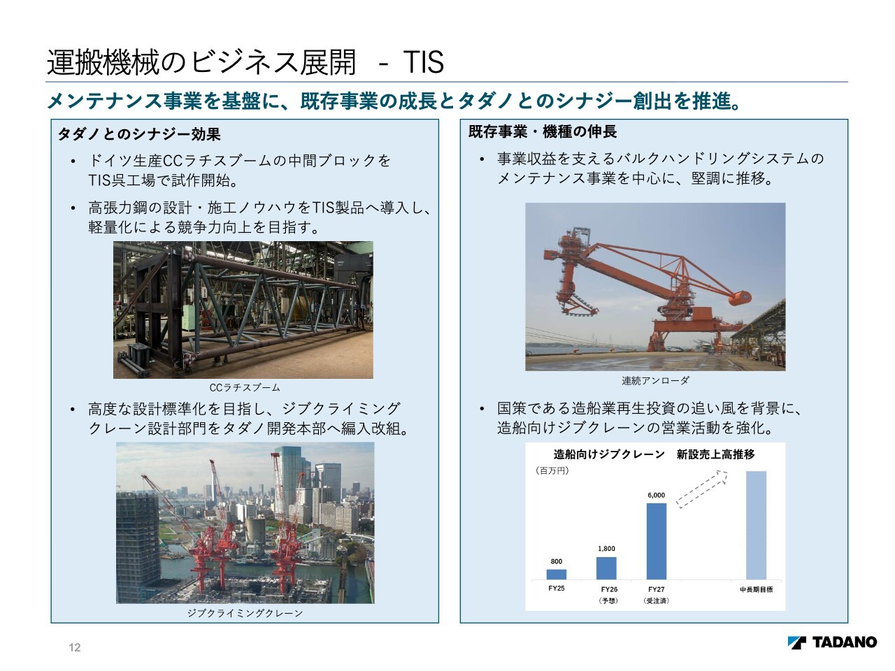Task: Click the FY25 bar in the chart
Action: click(x=556, y=574)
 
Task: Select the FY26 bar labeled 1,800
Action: click(x=606, y=568)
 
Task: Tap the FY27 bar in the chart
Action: click(x=657, y=541)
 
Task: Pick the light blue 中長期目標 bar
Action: click(x=757, y=525)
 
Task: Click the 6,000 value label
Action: click(x=657, y=495)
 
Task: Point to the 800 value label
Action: click(x=556, y=561)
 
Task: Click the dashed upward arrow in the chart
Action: click(x=702, y=489)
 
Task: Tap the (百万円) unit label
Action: click(x=552, y=470)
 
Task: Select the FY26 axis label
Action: click(x=609, y=589)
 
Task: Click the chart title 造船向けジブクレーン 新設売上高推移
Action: click(x=654, y=454)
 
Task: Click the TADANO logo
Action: click(x=832, y=642)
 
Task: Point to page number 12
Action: click(x=75, y=647)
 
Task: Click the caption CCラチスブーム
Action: click(x=245, y=387)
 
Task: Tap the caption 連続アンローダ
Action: click(x=655, y=380)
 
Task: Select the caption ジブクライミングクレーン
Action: click(x=245, y=613)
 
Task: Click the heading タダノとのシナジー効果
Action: click(x=139, y=134)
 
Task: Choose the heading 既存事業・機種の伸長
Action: click(x=543, y=131)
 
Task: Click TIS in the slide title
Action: click(x=424, y=62)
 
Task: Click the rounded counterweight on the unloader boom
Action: click(x=739, y=298)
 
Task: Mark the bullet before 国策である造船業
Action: click(x=482, y=409)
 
